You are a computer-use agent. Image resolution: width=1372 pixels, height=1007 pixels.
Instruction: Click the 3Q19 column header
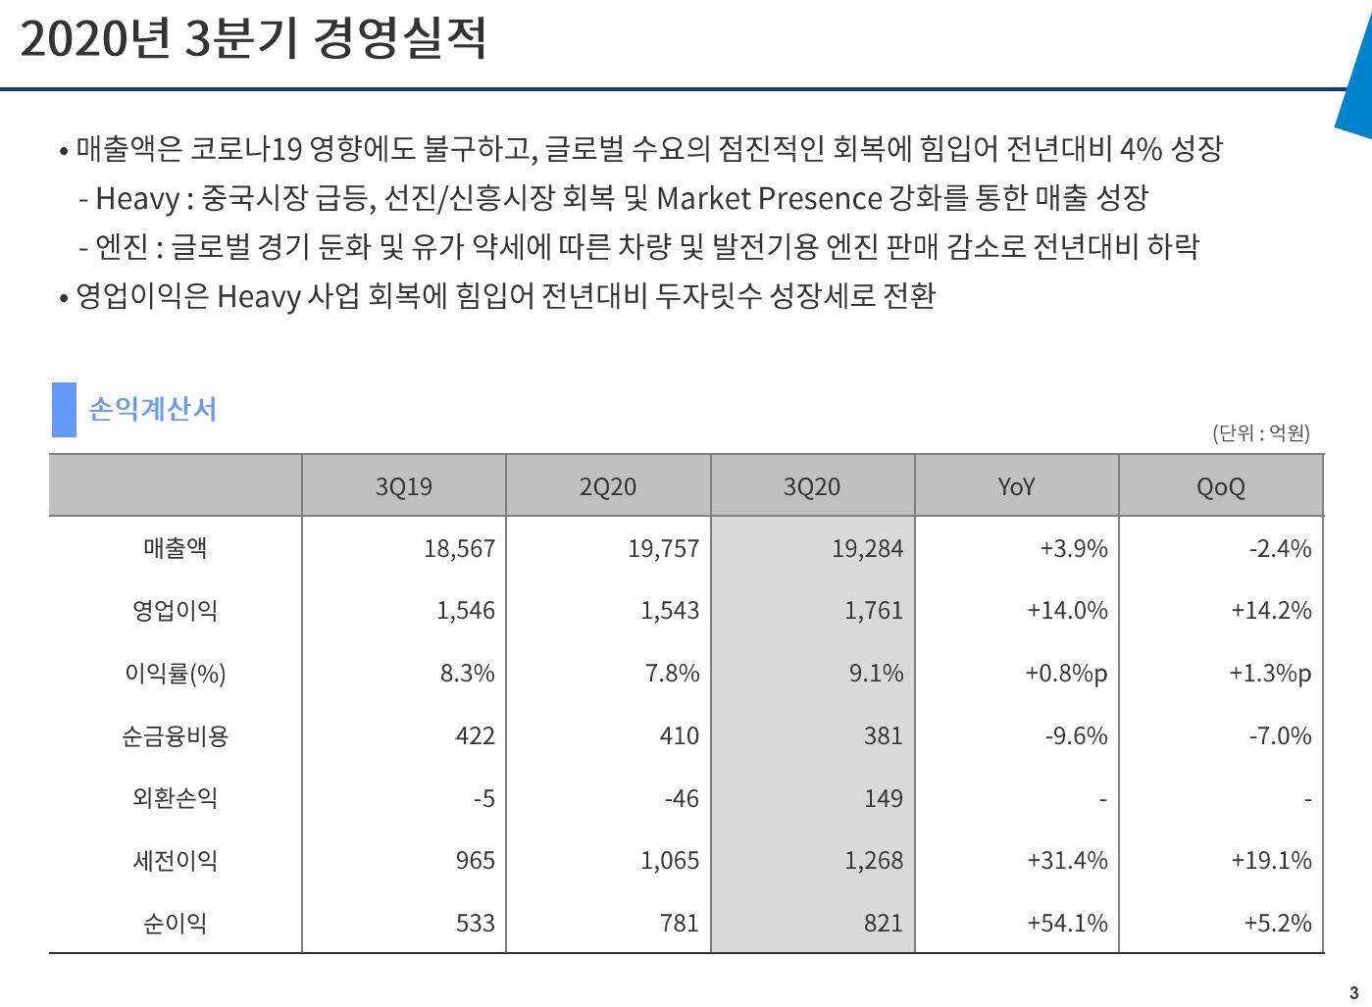click(403, 486)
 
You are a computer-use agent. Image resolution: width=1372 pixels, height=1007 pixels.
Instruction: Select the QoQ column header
click(1220, 486)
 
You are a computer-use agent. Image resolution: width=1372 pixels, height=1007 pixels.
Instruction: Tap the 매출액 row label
click(175, 548)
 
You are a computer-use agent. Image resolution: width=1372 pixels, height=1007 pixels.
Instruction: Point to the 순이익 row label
click(175, 923)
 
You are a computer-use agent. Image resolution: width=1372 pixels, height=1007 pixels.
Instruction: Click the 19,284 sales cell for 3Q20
click(867, 549)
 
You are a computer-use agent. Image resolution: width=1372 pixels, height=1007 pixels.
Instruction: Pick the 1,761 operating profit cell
click(873, 611)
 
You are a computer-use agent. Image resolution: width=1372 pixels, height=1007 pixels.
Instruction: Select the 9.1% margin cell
click(876, 674)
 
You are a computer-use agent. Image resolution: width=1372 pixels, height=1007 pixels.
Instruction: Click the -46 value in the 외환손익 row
click(682, 798)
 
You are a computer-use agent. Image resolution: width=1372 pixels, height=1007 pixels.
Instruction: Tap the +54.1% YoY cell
click(1067, 923)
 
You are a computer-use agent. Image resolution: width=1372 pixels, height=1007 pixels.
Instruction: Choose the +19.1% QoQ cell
click(1271, 861)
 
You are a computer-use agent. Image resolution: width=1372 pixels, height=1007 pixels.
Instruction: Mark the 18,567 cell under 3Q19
click(459, 549)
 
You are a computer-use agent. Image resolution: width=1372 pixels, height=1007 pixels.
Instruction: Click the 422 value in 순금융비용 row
click(475, 736)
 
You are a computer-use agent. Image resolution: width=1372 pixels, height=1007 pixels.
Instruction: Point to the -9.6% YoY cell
click(1076, 736)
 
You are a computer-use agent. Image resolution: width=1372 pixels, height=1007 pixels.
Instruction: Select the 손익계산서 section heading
click(152, 409)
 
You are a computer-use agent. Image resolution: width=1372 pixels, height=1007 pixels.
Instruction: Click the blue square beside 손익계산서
click(64, 409)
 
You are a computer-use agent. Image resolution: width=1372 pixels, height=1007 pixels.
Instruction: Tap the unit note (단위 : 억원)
click(1260, 432)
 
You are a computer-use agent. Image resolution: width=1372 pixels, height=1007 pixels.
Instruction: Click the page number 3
click(1354, 992)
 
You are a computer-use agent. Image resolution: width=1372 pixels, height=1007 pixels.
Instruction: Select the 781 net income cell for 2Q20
click(679, 923)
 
